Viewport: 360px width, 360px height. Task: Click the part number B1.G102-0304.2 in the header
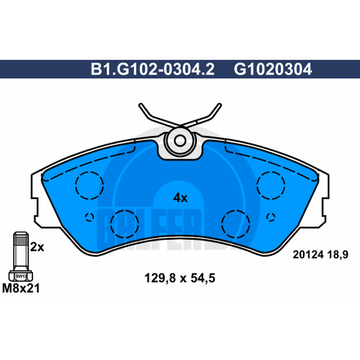click(x=153, y=69)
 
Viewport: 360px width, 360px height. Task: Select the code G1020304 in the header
click(x=273, y=69)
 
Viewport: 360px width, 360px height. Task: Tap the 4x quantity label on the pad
click(x=180, y=198)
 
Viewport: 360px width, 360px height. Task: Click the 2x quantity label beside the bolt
click(x=37, y=247)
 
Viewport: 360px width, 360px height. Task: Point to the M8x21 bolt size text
click(x=21, y=288)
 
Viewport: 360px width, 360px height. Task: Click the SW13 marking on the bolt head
click(x=21, y=276)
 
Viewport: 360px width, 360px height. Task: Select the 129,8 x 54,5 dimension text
click(x=180, y=278)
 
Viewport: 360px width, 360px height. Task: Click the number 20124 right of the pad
click(x=308, y=255)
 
